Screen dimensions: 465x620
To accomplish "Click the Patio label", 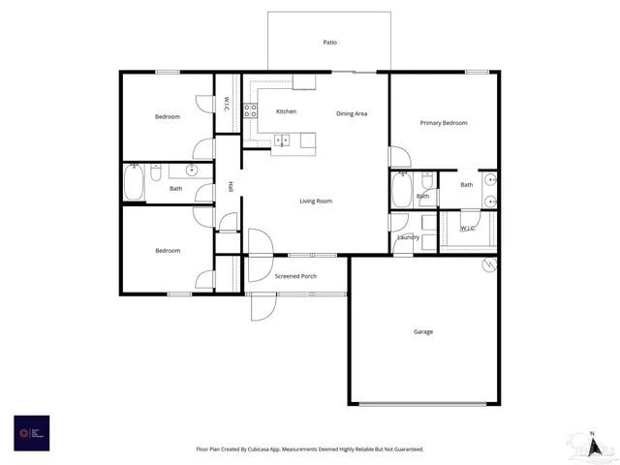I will pos(329,43).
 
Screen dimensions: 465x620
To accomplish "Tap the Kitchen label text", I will pos(286,112).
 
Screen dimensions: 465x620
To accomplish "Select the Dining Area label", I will pos(352,114).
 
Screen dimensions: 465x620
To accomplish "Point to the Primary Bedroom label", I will pos(444,123).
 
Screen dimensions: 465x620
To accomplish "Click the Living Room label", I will pos(316,201).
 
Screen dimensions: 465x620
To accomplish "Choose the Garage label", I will pos(423,332).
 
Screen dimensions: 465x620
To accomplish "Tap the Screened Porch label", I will pos(296,276).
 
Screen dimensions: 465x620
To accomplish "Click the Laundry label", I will pos(408,237).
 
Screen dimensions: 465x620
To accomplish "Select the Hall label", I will pos(231,186).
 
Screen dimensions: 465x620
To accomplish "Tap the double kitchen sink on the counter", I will pos(286,141).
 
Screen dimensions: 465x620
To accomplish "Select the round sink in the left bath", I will pos(192,170).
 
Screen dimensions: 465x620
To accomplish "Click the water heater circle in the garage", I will pos(489,263).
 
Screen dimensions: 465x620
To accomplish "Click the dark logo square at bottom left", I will pos(31,431).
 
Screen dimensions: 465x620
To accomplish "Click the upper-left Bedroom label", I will pos(168,117).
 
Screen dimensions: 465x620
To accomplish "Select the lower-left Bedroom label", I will pos(168,251).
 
